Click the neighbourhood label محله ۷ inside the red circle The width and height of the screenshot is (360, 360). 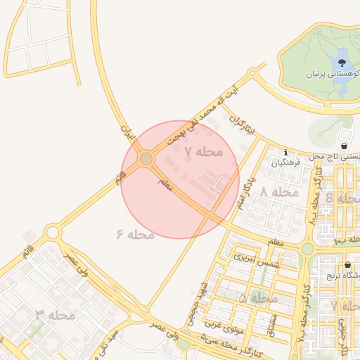[203, 151]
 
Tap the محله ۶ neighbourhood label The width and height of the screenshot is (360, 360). [135, 233]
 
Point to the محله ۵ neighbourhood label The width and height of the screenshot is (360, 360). [258, 298]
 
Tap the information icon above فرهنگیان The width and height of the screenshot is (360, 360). [285, 153]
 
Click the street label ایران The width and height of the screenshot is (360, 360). [127, 131]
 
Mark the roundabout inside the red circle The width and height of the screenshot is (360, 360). [146, 159]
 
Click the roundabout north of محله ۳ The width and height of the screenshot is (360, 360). [52, 231]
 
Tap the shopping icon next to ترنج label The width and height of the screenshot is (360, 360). [348, 265]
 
